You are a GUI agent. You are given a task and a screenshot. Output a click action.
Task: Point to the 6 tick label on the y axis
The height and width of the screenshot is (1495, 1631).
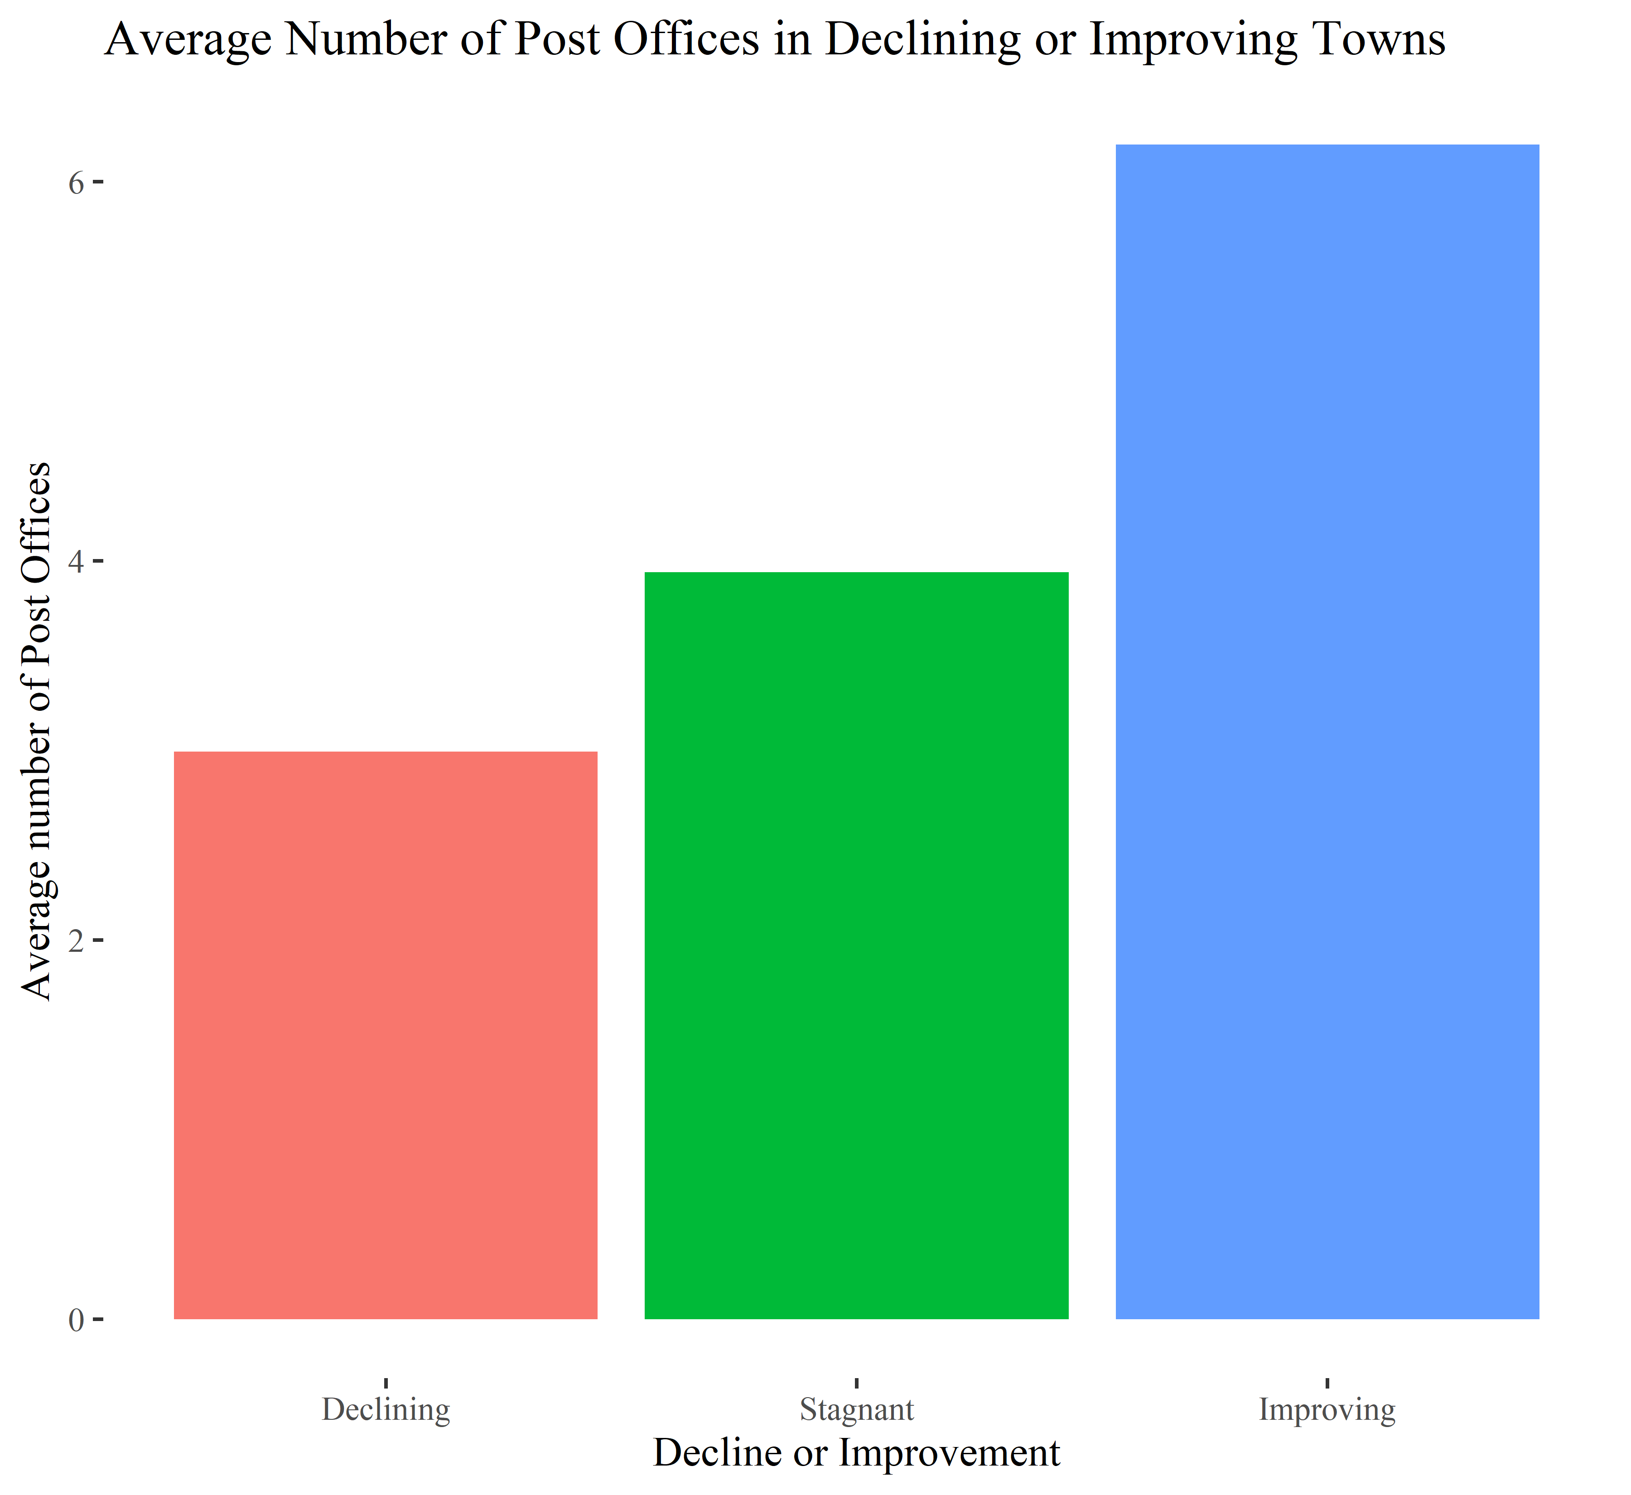[x=76, y=183]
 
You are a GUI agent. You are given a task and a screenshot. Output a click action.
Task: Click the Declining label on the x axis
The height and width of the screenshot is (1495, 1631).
[x=386, y=1409]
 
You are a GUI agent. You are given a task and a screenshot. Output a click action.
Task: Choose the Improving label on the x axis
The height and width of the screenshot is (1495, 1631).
[x=1327, y=1409]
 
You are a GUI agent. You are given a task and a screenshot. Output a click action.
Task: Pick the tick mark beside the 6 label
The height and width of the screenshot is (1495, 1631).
[x=98, y=183]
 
